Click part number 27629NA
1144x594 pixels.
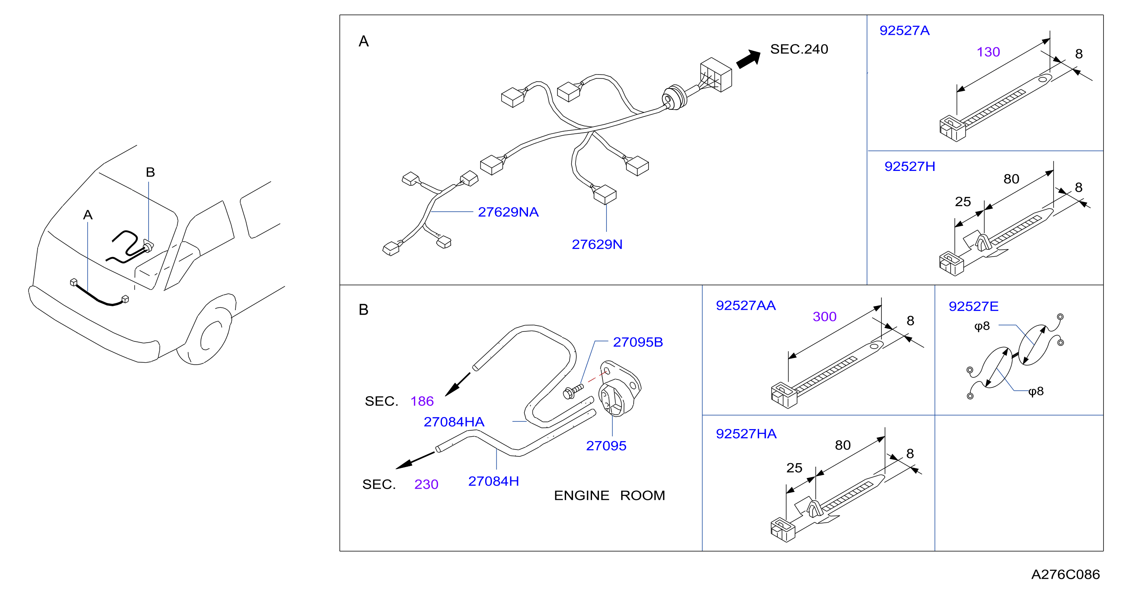[x=508, y=212]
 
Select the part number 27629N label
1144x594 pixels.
[x=597, y=245]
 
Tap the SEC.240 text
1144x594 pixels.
[x=799, y=49]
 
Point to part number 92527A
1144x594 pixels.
[x=904, y=31]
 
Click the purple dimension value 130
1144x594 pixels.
[x=988, y=52]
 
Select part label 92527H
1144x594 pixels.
[x=909, y=167]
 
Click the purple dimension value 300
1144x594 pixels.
[x=824, y=317]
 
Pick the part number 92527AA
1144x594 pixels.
[x=746, y=305]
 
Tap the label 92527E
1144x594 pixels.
[x=973, y=306]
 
